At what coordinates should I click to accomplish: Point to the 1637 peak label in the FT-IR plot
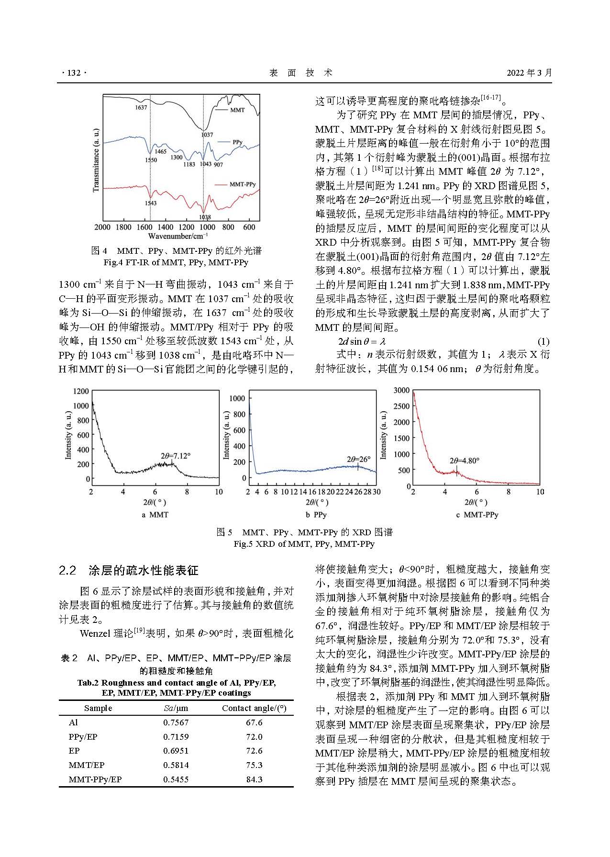pyautogui.click(x=141, y=108)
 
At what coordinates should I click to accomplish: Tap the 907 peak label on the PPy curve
pyautogui.click(x=219, y=165)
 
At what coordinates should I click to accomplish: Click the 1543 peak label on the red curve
pyautogui.click(x=151, y=203)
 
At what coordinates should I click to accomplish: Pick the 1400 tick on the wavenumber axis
pyautogui.click(x=166, y=227)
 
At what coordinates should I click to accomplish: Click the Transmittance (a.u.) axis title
pyautogui.click(x=96, y=160)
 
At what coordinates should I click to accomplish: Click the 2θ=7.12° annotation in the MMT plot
pyautogui.click(x=175, y=456)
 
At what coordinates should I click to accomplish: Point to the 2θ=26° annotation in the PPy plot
pyautogui.click(x=358, y=459)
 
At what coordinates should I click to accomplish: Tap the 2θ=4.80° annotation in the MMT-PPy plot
pyautogui.click(x=464, y=461)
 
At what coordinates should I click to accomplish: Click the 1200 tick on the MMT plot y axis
pyautogui.click(x=81, y=391)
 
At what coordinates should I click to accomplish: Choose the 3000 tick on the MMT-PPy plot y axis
pyautogui.click(x=401, y=390)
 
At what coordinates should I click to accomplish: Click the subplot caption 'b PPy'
pyautogui.click(x=316, y=515)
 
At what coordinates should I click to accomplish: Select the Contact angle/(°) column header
pyautogui.click(x=254, y=708)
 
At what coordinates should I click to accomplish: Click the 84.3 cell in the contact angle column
pyautogui.click(x=254, y=779)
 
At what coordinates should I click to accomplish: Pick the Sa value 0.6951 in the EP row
pyautogui.click(x=176, y=751)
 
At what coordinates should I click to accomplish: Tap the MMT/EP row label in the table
pyautogui.click(x=86, y=765)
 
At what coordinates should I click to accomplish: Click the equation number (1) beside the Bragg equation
pyautogui.click(x=543, y=341)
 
